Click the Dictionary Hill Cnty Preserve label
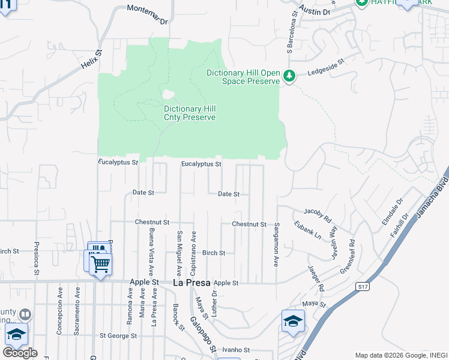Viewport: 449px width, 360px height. click(x=190, y=113)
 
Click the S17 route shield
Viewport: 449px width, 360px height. click(x=362, y=287)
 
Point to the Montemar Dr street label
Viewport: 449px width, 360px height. click(x=147, y=15)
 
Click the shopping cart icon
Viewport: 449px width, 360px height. click(x=101, y=264)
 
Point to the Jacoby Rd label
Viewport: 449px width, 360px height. click(x=318, y=215)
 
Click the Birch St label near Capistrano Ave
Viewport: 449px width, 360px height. click(x=213, y=253)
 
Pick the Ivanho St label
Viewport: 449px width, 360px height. click(x=231, y=349)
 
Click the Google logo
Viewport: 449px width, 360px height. click(x=20, y=353)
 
